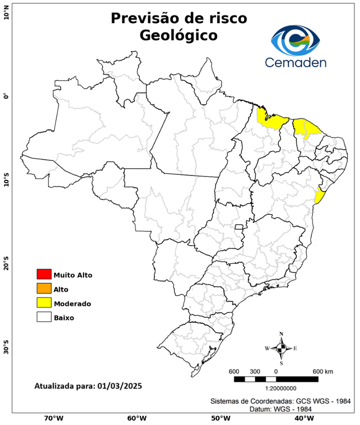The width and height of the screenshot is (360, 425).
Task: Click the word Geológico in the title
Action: [x=179, y=35]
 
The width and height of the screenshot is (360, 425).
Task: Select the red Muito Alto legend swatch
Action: [x=44, y=274]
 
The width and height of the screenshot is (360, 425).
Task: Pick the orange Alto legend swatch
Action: [x=44, y=289]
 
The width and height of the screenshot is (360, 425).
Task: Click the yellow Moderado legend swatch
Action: [x=44, y=303]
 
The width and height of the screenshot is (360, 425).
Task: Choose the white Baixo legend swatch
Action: [x=44, y=318]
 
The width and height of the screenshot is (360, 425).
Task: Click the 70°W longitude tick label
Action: [x=53, y=418]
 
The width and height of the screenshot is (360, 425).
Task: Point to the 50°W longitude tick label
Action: [x=218, y=418]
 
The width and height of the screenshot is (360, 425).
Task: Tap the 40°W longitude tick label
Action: [x=302, y=418]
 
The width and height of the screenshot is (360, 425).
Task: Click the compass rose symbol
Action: [x=281, y=348]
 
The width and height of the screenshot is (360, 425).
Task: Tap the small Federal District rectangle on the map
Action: [x=239, y=227]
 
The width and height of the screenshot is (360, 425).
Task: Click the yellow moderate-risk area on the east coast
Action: [x=319, y=196]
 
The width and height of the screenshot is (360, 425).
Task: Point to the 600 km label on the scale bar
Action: [x=322, y=371]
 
